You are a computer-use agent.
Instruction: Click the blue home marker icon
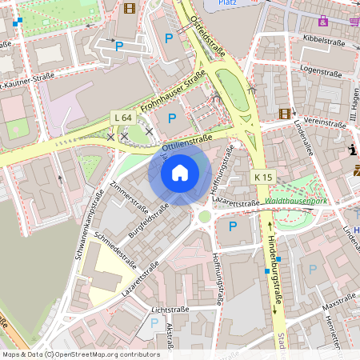(180, 172)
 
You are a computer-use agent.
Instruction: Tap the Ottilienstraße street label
(186, 143)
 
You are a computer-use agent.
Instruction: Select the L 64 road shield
(122, 118)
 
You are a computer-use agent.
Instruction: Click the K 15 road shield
(263, 177)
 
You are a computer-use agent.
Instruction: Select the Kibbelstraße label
(328, 39)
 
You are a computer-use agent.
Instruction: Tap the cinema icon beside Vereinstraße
(284, 114)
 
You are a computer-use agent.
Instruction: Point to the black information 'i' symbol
(352, 150)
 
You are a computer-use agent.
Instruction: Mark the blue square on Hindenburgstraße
(266, 271)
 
